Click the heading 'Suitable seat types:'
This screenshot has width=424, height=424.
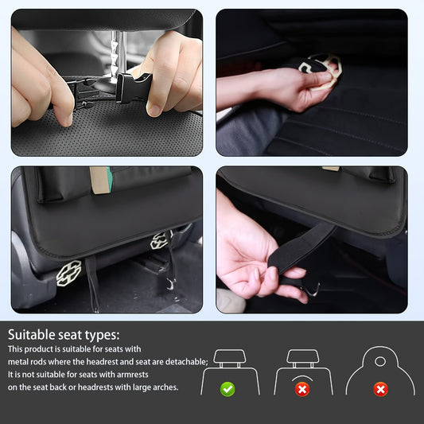tap(64, 334)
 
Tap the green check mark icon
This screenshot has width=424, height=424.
tap(228, 389)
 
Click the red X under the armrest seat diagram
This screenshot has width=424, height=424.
tap(302, 389)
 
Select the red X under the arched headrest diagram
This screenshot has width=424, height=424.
tap(381, 389)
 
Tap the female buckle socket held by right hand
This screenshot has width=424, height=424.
tap(131, 87)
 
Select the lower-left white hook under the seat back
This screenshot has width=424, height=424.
tap(69, 273)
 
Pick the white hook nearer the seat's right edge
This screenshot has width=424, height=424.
tap(159, 240)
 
